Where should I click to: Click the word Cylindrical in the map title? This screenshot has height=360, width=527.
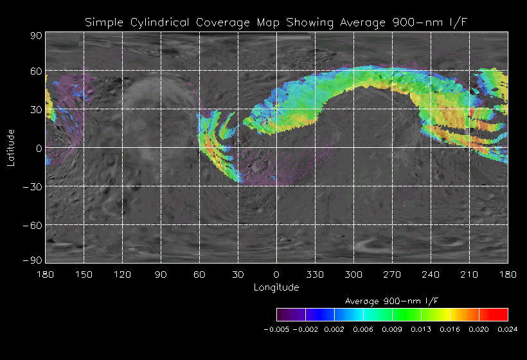[x=157, y=22]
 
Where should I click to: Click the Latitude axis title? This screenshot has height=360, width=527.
[x=11, y=147]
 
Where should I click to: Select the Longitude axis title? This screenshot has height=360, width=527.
[x=276, y=287]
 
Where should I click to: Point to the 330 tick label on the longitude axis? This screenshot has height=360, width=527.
[x=315, y=274]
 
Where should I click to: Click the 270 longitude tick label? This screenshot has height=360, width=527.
[x=392, y=274]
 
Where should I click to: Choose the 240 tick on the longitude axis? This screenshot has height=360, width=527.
[x=431, y=274]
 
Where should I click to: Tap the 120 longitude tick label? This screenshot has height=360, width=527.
[x=122, y=274]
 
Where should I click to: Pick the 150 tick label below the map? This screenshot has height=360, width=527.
[x=84, y=274]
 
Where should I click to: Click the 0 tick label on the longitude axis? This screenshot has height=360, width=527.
[x=276, y=274]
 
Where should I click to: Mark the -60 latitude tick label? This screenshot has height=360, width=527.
[x=32, y=225]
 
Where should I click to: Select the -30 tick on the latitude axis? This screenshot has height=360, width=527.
[x=32, y=186]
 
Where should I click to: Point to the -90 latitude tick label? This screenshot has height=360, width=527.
[x=32, y=260]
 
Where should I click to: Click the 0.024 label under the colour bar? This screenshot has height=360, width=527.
[x=508, y=328]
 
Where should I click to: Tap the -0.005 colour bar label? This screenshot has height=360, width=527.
[x=276, y=328]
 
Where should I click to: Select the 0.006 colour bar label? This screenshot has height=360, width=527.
[x=363, y=328]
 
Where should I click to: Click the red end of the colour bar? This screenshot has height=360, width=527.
[x=501, y=314]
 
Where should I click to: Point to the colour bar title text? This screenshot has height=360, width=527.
[x=392, y=301]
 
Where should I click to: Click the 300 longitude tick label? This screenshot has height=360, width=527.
[x=353, y=274]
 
